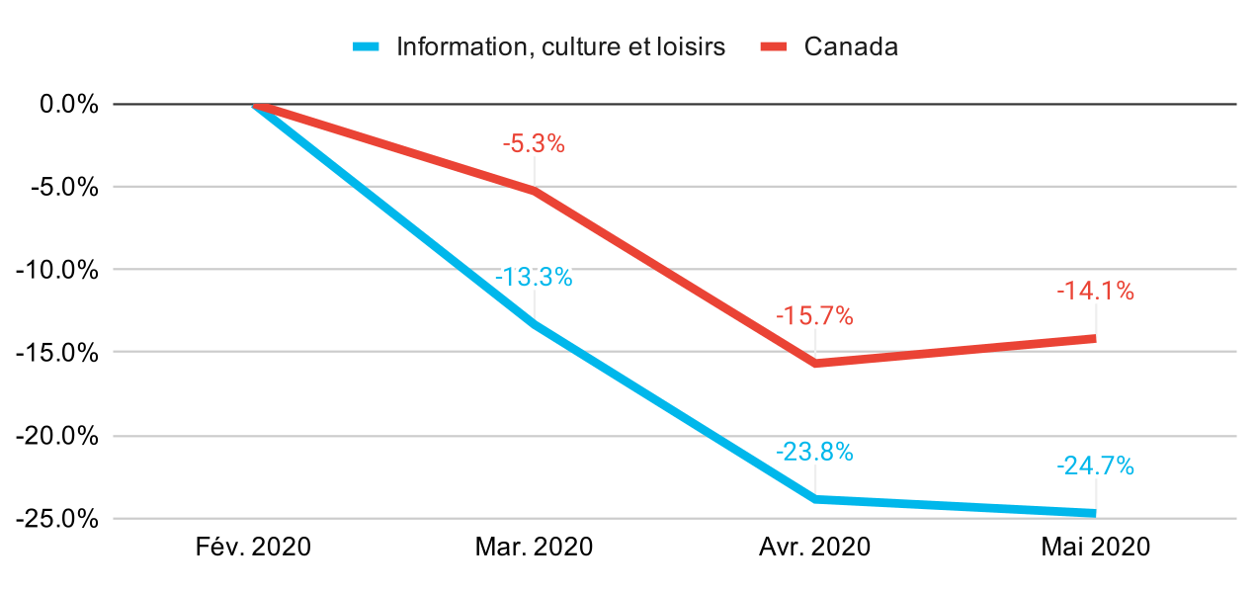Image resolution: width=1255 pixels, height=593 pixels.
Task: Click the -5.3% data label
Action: [x=534, y=144]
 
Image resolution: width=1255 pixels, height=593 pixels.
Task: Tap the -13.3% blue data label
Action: [x=534, y=278]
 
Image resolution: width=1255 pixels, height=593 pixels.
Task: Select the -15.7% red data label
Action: [x=814, y=317]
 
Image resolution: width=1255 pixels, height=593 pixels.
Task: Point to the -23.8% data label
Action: [x=814, y=453]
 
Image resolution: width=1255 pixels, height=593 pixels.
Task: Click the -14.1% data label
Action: [x=1095, y=292]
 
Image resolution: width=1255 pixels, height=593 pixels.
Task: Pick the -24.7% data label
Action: [x=1095, y=466]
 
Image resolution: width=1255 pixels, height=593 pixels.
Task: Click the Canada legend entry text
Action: [x=851, y=46]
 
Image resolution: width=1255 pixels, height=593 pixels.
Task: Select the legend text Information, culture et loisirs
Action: [x=560, y=46]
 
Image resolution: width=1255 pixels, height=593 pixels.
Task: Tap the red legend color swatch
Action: [x=772, y=46]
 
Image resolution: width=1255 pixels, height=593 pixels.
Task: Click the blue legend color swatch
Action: [x=366, y=46]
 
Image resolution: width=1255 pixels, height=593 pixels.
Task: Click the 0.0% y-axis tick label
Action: [x=69, y=104]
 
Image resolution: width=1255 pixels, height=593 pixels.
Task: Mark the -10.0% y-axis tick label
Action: [x=62, y=270]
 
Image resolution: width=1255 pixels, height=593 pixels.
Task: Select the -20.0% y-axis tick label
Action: [x=62, y=436]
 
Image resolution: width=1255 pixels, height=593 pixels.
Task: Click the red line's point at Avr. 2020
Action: [x=815, y=364]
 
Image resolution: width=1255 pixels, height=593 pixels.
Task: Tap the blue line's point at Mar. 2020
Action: [x=535, y=324]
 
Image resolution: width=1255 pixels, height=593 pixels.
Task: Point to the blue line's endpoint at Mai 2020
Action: [x=1094, y=513]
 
